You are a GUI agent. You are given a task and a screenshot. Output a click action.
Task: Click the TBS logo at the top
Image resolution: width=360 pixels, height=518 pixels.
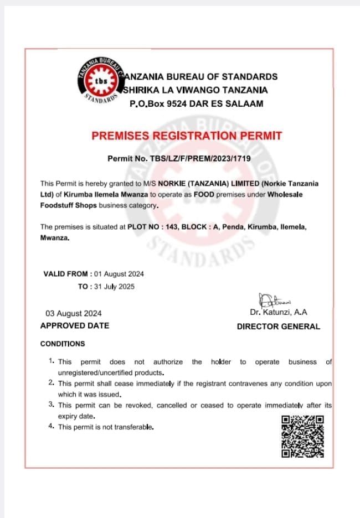pyautogui.click(x=101, y=81)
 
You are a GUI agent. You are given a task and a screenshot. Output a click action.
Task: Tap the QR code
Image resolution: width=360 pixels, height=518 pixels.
pyautogui.click(x=302, y=437)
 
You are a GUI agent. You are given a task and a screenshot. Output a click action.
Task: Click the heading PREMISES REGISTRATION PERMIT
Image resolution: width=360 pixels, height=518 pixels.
pyautogui.click(x=187, y=136)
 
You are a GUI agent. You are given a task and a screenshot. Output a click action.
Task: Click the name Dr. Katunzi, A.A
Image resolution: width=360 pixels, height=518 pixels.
pyautogui.click(x=279, y=313)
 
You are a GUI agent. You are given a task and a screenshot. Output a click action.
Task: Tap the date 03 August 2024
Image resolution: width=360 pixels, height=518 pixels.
pyautogui.click(x=74, y=313)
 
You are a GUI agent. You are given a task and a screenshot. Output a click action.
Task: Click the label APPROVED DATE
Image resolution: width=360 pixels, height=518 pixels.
pyautogui.click(x=75, y=326)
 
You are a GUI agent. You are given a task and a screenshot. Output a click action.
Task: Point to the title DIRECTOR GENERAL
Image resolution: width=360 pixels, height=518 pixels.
pyautogui.click(x=278, y=327)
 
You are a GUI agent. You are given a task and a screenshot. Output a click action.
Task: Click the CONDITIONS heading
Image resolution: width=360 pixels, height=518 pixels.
pyautogui.click(x=63, y=344)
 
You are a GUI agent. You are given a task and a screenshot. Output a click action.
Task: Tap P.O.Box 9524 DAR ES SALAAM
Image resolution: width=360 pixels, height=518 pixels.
pyautogui.click(x=196, y=103)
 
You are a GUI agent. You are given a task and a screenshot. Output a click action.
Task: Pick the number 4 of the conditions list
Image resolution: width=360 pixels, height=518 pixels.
pyautogui.click(x=51, y=426)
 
